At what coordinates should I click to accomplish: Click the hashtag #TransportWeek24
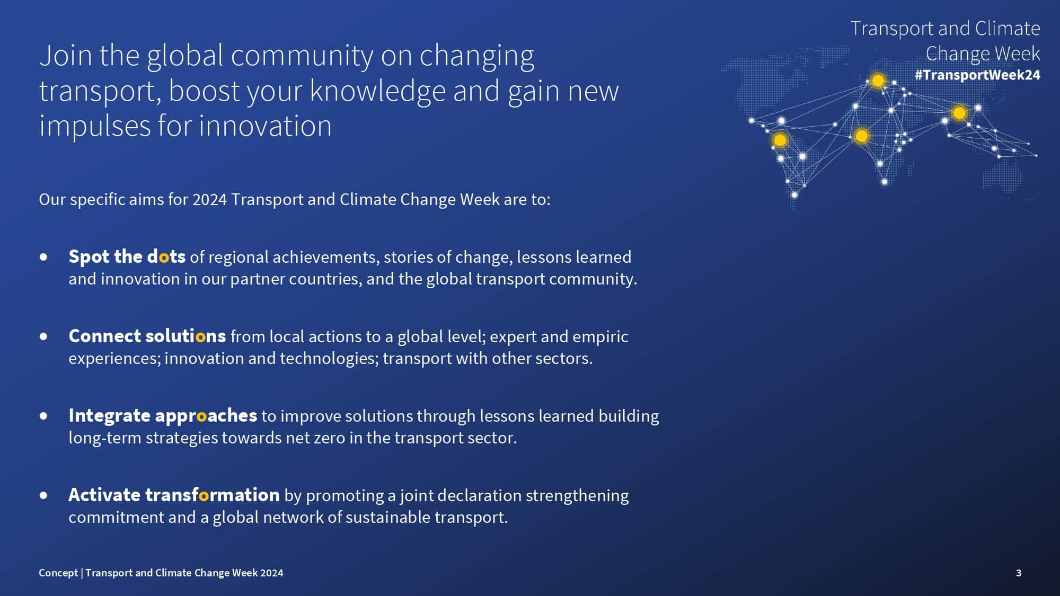[x=977, y=75]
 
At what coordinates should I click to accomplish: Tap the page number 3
[x=1019, y=573]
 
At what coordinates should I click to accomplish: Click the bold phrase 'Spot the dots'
[x=127, y=257]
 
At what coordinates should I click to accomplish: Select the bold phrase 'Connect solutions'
[x=147, y=336]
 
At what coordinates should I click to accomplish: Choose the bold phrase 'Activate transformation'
[x=174, y=495]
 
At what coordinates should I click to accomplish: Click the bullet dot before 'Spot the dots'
[x=43, y=257]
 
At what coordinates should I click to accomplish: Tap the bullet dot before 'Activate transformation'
[x=43, y=496]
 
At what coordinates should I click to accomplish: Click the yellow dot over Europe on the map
[x=878, y=81]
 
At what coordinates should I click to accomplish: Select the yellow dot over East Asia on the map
[x=959, y=113]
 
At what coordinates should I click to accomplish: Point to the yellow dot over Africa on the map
[x=862, y=136]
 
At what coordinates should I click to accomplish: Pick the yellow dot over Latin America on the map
[x=780, y=140]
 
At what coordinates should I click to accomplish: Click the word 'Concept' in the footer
[x=58, y=573]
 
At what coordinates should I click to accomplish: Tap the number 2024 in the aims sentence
[x=209, y=200]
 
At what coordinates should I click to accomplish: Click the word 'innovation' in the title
[x=265, y=126]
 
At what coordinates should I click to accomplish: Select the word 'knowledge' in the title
[x=378, y=91]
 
